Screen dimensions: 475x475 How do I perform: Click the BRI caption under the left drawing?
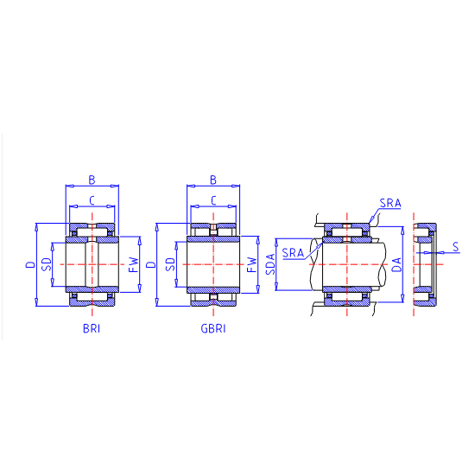coord(92,328)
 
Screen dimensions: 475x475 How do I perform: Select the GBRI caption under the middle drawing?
coord(213,328)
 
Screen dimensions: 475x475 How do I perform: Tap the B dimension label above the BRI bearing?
coord(92,180)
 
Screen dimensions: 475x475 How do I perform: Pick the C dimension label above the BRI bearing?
coord(92,200)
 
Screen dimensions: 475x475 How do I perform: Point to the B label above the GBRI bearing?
coord(213,180)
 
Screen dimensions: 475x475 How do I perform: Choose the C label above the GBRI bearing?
coord(213,200)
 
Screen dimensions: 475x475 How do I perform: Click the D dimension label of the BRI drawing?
coord(30,264)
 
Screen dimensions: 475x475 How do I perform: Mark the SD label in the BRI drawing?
coord(47,264)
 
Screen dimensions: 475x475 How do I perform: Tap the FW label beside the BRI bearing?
coord(134,264)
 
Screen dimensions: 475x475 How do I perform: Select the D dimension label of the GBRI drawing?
coord(151,264)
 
